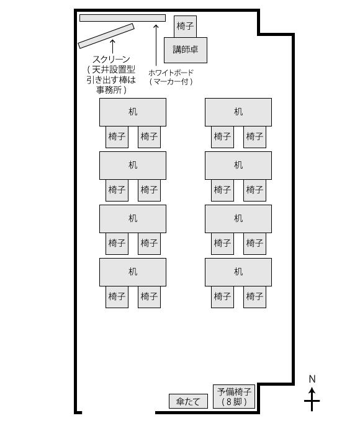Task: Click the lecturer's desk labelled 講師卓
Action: point(186,50)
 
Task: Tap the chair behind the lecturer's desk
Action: point(185,26)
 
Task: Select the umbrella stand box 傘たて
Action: point(188,401)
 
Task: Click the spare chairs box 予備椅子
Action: point(234,396)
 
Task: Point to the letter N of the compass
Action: point(312,379)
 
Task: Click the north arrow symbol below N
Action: point(312,399)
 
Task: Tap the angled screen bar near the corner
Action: point(106,36)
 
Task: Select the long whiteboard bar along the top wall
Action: point(123,18)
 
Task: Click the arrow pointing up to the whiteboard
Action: point(156,45)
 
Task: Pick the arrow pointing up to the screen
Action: point(112,46)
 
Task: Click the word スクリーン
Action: point(111,60)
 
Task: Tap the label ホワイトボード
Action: point(171,73)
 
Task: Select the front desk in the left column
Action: point(133,112)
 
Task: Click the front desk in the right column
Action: point(238,112)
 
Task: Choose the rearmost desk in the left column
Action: point(133,272)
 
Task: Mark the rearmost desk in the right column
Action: point(238,272)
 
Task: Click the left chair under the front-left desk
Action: point(117,137)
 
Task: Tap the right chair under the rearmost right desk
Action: point(254,296)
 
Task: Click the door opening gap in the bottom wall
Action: point(119,412)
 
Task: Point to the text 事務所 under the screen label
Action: point(109,90)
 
